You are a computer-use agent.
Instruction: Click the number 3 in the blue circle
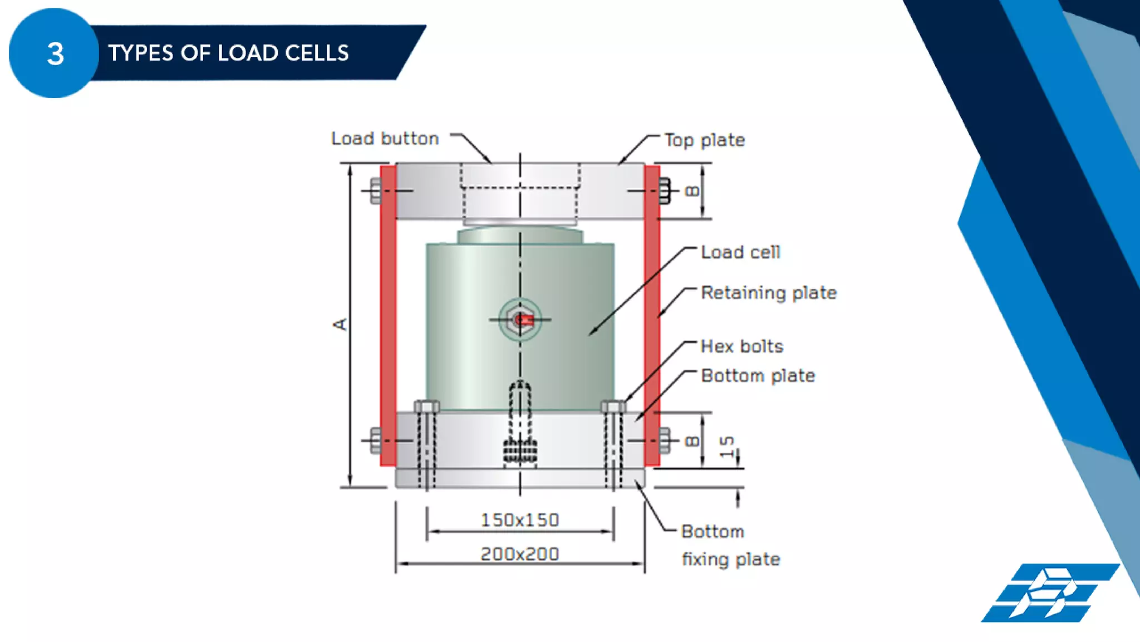55,54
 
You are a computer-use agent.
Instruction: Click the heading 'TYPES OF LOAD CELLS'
228,53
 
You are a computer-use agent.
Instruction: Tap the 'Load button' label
385,139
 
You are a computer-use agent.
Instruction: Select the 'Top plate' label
704,140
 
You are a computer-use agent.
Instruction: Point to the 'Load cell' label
740,252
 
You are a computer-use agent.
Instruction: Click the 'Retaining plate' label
768,293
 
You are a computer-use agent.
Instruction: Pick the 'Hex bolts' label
741,346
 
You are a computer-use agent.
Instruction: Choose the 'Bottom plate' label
758,376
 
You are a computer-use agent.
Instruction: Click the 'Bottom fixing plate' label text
729,545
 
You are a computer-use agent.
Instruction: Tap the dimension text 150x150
519,520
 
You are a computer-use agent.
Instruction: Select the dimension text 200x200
519,554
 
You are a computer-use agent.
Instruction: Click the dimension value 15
727,447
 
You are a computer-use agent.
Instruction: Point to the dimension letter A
340,324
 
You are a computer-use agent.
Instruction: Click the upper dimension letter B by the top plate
691,191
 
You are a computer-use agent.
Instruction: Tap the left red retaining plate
388,315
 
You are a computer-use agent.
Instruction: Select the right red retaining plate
652,315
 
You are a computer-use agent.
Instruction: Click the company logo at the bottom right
1049,593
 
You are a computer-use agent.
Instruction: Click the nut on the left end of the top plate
376,191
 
